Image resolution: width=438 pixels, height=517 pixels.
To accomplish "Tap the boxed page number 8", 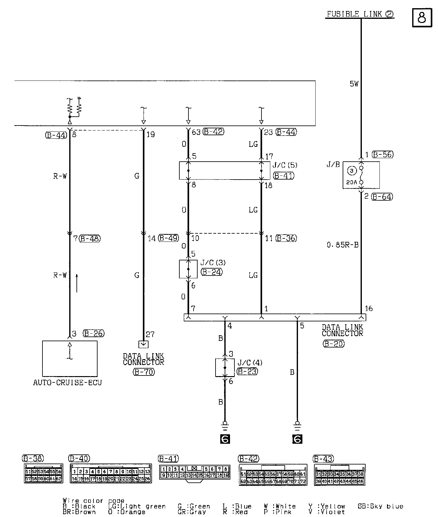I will point(422,18).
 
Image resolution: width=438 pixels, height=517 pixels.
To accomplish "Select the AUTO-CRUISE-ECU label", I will point(68,383).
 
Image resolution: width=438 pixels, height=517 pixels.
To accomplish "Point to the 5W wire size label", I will point(354,84).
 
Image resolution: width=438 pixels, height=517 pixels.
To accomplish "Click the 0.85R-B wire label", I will point(343,245).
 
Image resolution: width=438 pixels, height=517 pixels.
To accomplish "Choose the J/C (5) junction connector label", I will point(285,165).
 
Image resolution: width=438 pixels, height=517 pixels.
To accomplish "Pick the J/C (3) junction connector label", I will point(213,263).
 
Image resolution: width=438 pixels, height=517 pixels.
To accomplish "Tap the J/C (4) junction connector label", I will point(250,363).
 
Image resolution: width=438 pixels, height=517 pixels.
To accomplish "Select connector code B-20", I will point(334,344).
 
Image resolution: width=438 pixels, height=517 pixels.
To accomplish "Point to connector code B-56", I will point(382,154).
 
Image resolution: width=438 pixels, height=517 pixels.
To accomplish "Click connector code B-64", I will point(382,197).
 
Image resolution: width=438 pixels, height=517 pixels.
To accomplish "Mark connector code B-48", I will point(90,239).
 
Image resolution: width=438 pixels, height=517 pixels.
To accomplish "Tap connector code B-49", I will point(168,238).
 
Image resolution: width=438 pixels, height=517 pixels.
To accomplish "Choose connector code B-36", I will point(286,238).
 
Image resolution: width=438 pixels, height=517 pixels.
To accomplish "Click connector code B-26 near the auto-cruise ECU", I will point(94,333).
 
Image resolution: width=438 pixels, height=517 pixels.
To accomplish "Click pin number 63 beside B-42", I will point(196,132).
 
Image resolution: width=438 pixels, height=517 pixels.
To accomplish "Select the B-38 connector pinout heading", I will point(33,459).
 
